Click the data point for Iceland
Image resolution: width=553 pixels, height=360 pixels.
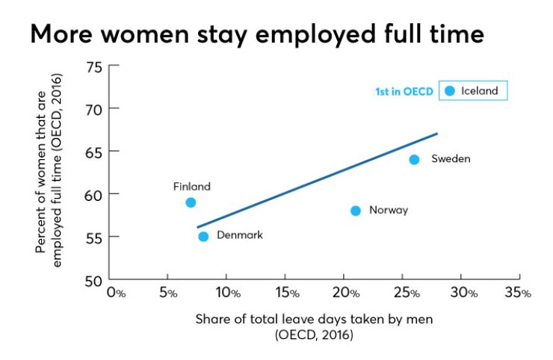coord(449,91)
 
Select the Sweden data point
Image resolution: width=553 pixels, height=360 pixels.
coord(414,159)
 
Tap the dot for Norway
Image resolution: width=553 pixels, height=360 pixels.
coord(356,211)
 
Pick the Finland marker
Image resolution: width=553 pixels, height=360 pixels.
coord(191,202)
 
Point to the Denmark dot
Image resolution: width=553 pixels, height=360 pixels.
coord(203,237)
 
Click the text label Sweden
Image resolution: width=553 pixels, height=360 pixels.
coord(451,159)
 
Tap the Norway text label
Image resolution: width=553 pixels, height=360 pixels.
coord(389,211)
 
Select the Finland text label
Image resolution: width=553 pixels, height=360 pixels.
coord(192,187)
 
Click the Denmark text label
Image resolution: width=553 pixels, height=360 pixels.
coord(239,235)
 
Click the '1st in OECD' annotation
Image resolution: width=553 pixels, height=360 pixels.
coord(404,92)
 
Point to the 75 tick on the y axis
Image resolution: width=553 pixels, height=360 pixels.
coord(93,67)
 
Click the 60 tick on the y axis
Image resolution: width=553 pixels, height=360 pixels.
coord(93,194)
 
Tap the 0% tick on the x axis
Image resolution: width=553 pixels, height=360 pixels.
coord(116,293)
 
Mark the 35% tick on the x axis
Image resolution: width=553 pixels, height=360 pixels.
coord(516,293)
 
